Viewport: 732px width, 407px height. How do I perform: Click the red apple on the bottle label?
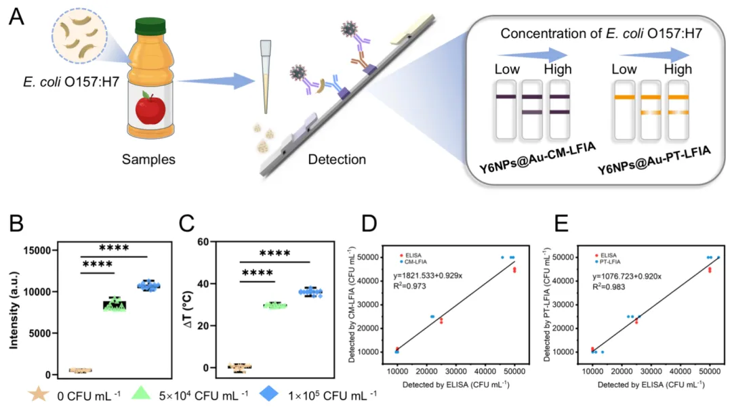click(x=150, y=109)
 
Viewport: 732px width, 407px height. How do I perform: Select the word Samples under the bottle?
click(x=149, y=160)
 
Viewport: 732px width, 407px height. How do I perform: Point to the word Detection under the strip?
click(x=337, y=160)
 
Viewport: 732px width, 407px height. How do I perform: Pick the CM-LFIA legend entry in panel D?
click(x=413, y=261)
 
